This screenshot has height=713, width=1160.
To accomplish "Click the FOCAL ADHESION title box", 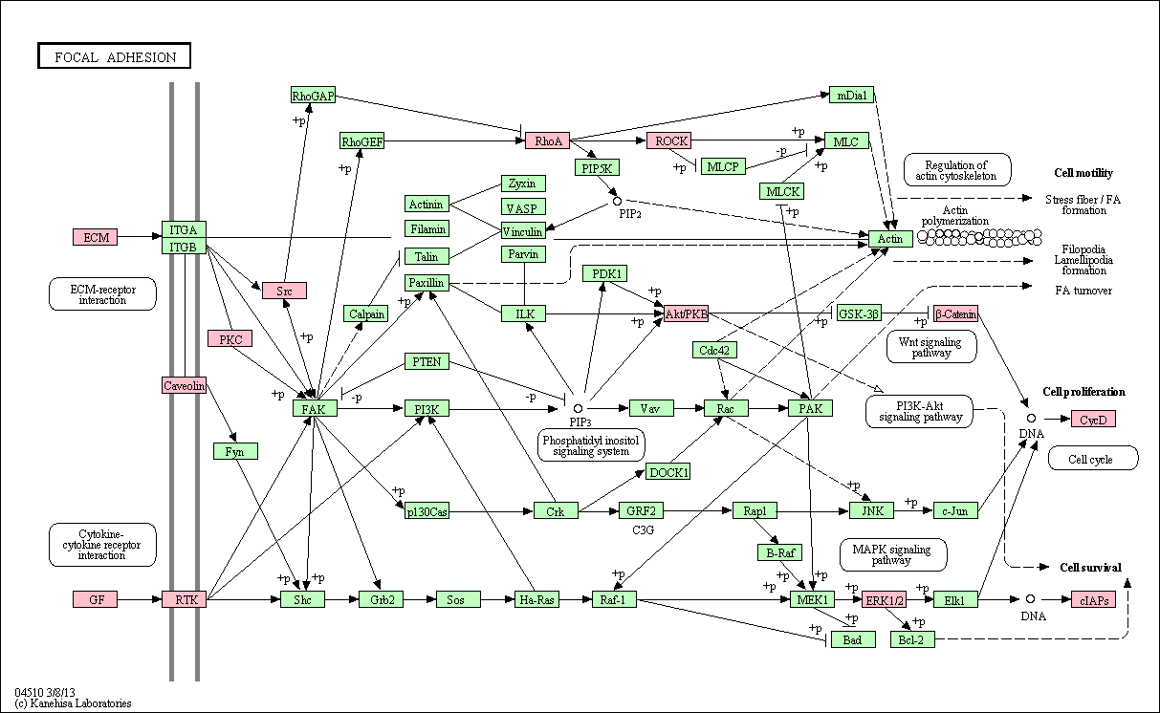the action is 114,55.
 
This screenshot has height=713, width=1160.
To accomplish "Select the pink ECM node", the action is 96,237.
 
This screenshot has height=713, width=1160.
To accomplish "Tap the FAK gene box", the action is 315,408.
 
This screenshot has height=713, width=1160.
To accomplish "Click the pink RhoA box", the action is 547,140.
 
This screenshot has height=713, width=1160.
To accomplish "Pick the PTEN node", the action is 427,361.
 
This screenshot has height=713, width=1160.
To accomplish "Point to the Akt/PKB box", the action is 686,313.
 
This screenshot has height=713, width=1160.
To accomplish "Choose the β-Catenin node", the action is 956,313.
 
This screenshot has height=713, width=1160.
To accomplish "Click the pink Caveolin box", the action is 184,385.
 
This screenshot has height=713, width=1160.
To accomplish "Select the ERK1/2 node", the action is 884,599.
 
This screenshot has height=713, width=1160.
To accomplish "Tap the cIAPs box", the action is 1094,599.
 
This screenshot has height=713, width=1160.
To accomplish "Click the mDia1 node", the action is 851,95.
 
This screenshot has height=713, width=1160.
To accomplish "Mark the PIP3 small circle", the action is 578,409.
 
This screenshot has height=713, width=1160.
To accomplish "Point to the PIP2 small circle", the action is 617,201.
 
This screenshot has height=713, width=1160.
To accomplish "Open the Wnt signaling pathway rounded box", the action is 931,347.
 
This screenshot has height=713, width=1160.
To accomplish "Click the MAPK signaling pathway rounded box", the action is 893,554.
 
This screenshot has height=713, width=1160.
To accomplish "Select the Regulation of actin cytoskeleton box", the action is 957,170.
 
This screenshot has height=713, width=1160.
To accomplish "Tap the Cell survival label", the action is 1090,568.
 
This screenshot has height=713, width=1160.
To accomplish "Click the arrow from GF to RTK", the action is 140,599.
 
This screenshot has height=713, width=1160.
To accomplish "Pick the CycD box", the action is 1094,419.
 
